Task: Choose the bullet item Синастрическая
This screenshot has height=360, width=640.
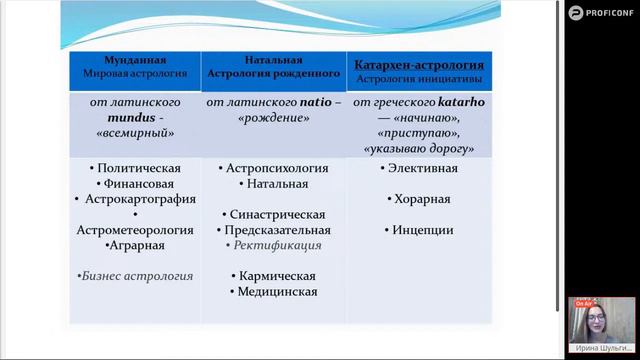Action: pos(277,215)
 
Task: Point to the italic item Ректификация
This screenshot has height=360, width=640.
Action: pos(276,245)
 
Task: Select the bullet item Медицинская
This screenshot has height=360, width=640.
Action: pos(276,291)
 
